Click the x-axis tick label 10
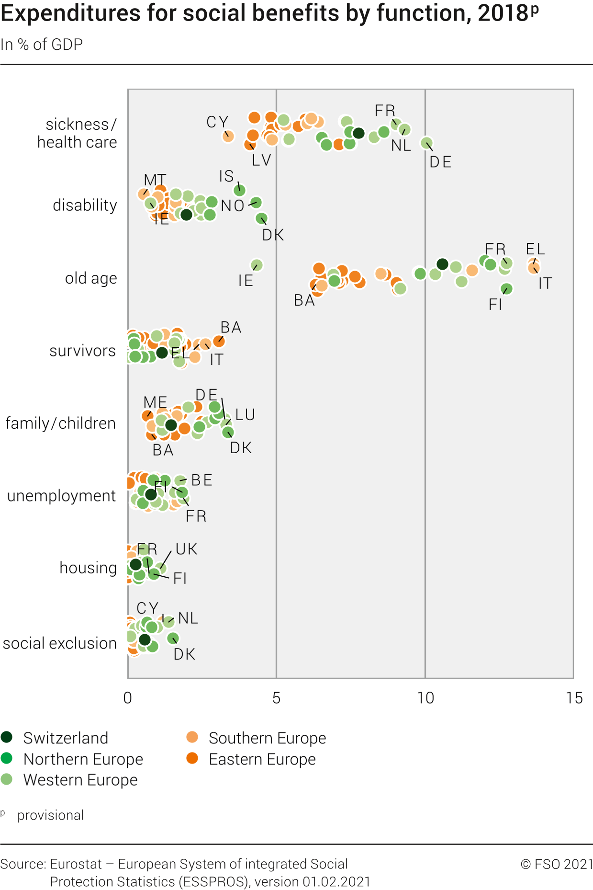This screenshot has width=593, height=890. pos(425,698)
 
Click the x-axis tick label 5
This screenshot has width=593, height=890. pos(276,698)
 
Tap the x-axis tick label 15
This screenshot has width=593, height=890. pos(574,698)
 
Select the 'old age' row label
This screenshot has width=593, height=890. pos(91,278)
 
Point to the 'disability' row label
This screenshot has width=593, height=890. pos(85,205)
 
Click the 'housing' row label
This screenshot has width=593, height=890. pos(88,568)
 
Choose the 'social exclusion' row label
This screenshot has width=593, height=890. pos(60,643)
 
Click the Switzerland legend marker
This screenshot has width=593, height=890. pos(7,737)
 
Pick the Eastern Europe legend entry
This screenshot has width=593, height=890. pos(262,759)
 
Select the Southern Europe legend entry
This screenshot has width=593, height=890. pos(267,738)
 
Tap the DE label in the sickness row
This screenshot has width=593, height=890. pos(440,162)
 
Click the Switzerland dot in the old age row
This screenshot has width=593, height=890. pos(442,264)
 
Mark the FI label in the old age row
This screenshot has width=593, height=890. pos(495,305)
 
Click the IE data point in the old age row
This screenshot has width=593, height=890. pos(257,265)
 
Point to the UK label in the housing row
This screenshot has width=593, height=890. pos(186,549)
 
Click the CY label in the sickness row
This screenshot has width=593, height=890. pos(217,122)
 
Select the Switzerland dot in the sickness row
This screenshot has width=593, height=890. pos(358,133)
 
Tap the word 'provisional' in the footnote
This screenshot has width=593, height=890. pos(51,815)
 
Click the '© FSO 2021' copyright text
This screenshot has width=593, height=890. pos(557,864)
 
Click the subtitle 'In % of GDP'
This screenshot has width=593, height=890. pos(42,45)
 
